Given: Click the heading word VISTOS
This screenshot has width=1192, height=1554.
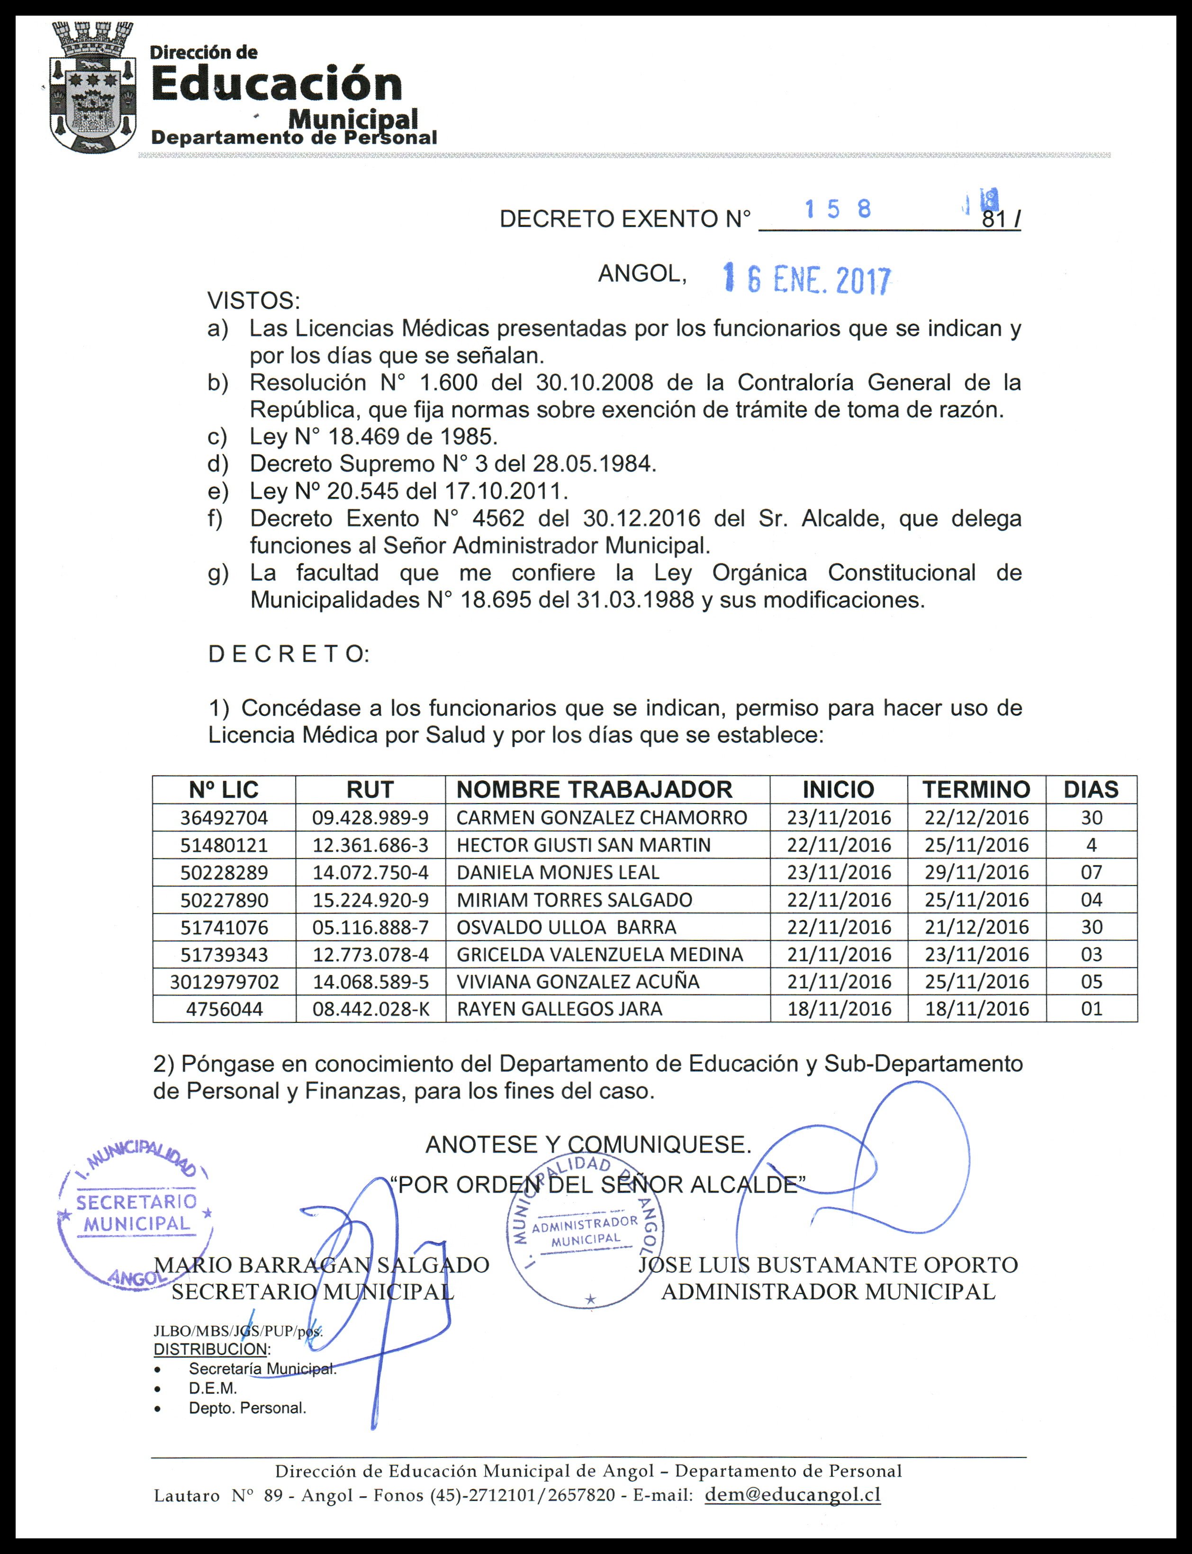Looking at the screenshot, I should (x=253, y=301).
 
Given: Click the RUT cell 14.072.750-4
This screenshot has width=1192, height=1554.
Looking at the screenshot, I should (x=370, y=872).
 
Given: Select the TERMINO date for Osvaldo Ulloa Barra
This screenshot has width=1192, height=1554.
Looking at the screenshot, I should (x=976, y=927).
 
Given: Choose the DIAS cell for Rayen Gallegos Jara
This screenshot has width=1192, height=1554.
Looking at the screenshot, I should (x=1091, y=1008).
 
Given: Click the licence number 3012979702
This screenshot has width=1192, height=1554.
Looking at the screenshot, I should (x=224, y=981).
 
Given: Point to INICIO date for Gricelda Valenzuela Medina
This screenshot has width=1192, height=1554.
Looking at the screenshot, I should (x=839, y=954).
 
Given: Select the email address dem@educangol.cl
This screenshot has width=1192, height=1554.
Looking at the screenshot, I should (x=793, y=1494).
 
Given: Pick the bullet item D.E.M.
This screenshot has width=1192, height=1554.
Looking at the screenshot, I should (x=213, y=1388).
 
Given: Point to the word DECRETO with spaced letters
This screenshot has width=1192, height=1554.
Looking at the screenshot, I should (x=288, y=654).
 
